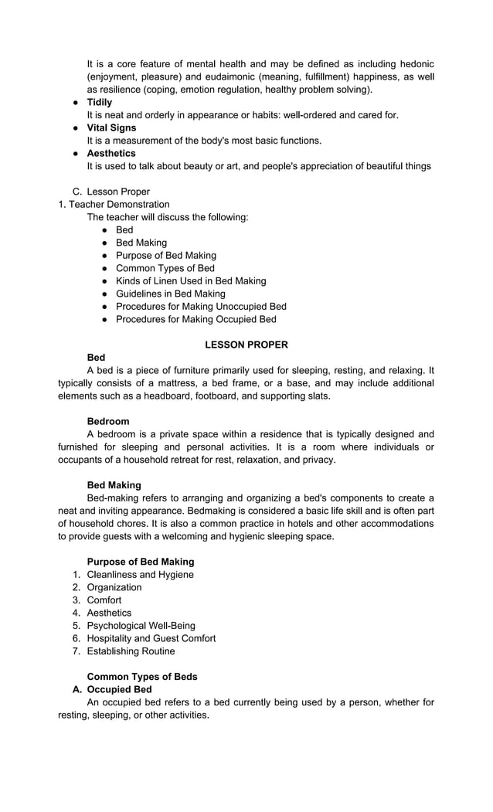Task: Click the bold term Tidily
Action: (x=99, y=102)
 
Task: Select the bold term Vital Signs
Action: (x=111, y=127)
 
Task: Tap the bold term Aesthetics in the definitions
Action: (x=110, y=153)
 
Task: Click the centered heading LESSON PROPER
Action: (x=246, y=345)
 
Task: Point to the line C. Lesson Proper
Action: (x=117, y=192)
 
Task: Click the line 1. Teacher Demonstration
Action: (x=114, y=204)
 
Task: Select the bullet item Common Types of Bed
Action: (x=165, y=268)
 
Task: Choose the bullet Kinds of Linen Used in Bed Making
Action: (x=190, y=281)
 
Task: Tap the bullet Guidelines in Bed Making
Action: (x=170, y=294)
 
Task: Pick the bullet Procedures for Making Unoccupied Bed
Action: (x=201, y=307)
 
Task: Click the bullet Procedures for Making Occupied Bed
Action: (x=195, y=319)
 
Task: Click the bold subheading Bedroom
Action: (x=108, y=421)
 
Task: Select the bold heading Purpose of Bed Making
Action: (x=141, y=562)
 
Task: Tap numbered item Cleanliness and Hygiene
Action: (x=140, y=575)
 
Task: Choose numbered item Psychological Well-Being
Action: (x=141, y=626)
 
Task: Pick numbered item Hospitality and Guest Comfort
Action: (x=151, y=638)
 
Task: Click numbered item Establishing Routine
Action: (x=131, y=651)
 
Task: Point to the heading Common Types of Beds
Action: (x=142, y=677)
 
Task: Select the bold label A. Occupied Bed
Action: (x=119, y=689)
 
